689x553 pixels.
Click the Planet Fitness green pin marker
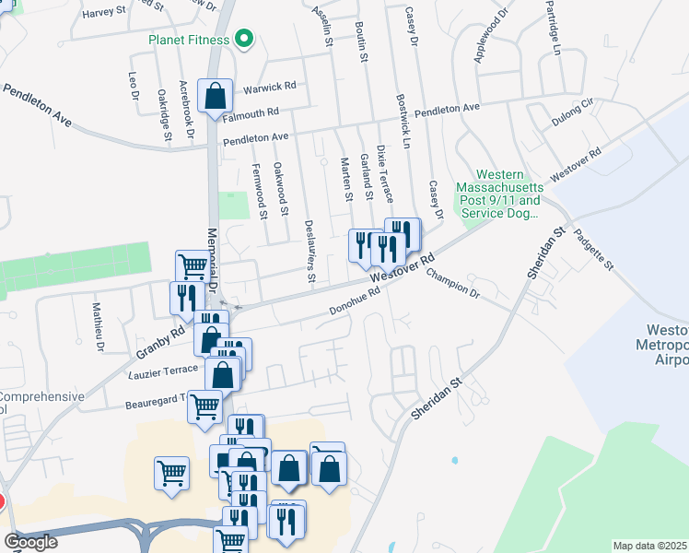(244, 39)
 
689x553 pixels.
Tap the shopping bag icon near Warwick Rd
(215, 96)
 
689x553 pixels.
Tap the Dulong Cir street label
(575, 113)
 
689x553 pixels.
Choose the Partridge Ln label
(553, 33)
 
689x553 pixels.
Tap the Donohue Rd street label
(356, 305)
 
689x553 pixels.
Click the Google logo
(30, 542)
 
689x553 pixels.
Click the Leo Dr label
(134, 86)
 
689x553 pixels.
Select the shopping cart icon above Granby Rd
(193, 267)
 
